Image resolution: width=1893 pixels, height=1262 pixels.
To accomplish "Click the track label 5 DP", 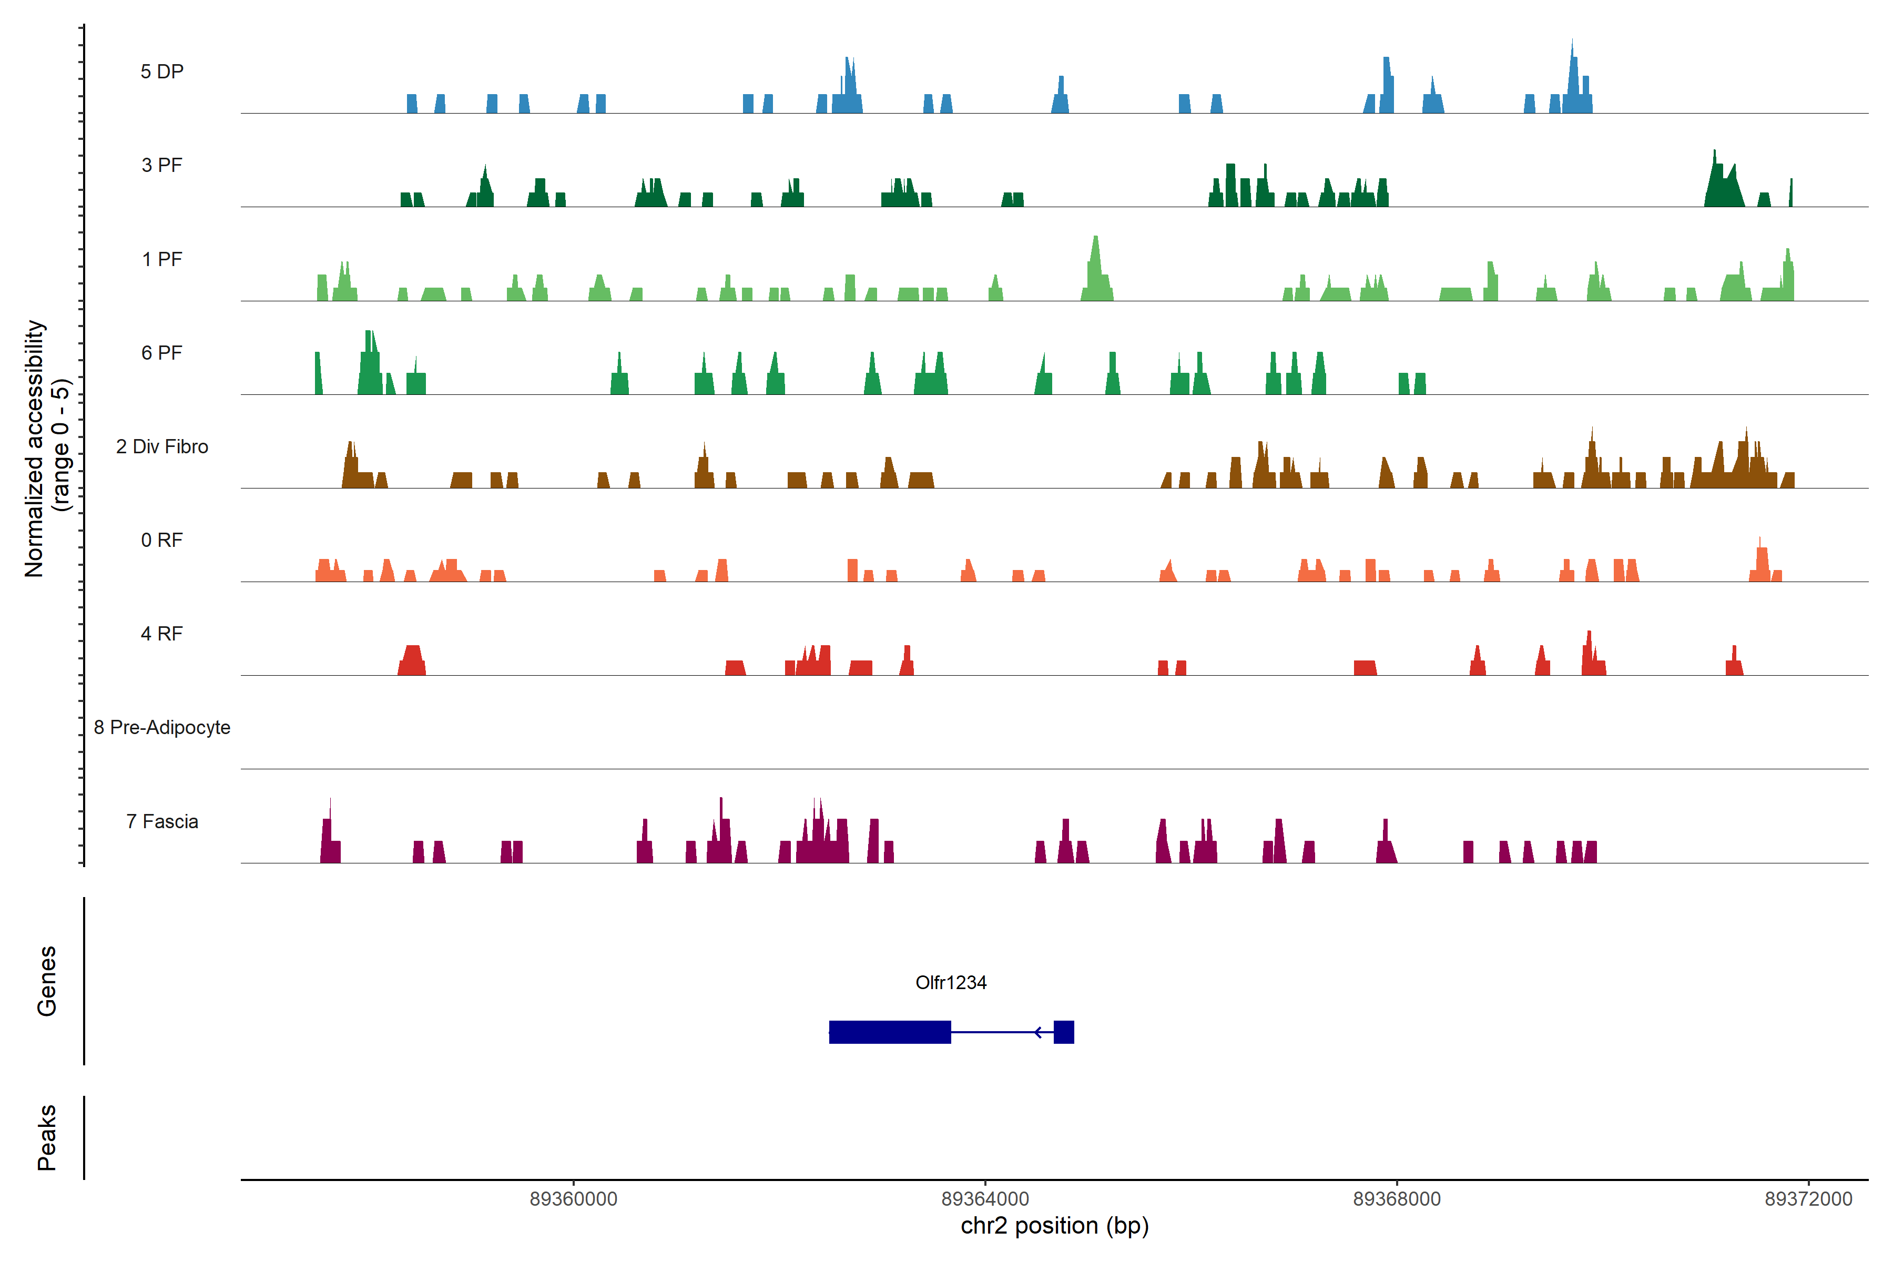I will tap(162, 72).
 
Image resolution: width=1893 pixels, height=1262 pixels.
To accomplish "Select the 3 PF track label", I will tap(162, 165).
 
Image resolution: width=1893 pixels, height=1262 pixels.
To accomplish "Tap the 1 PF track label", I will tap(162, 259).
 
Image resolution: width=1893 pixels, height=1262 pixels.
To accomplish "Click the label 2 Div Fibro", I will tap(162, 446).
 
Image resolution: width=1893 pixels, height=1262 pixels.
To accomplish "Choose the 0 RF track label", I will tap(162, 540).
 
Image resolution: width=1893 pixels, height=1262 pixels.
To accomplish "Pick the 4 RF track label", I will tap(162, 634).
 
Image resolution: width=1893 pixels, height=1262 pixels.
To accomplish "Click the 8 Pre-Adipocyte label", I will tap(162, 728).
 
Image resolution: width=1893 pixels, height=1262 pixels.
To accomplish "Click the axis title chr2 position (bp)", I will tap(1054, 1226).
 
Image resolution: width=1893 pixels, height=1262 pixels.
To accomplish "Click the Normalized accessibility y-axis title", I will tap(47, 449).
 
